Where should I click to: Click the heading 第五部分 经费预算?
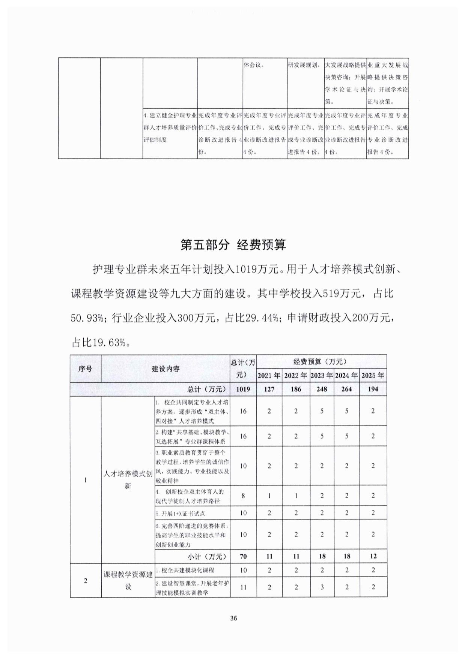(233, 245)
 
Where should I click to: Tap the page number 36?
(233, 618)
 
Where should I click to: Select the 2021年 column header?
(269, 375)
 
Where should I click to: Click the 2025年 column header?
(373, 375)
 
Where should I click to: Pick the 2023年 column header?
(322, 375)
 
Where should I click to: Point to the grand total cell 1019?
(243, 389)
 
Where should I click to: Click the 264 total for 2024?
(346, 389)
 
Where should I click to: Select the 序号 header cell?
(85, 368)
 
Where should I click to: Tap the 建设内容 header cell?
(166, 368)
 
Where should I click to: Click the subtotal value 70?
(243, 556)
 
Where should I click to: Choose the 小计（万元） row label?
(207, 556)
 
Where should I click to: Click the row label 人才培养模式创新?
(128, 479)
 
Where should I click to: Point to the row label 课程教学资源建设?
(128, 580)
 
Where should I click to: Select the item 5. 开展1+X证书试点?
(181, 513)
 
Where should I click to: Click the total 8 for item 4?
(243, 496)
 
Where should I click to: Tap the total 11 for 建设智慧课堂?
(243, 587)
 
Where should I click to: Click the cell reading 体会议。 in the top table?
(255, 65)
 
